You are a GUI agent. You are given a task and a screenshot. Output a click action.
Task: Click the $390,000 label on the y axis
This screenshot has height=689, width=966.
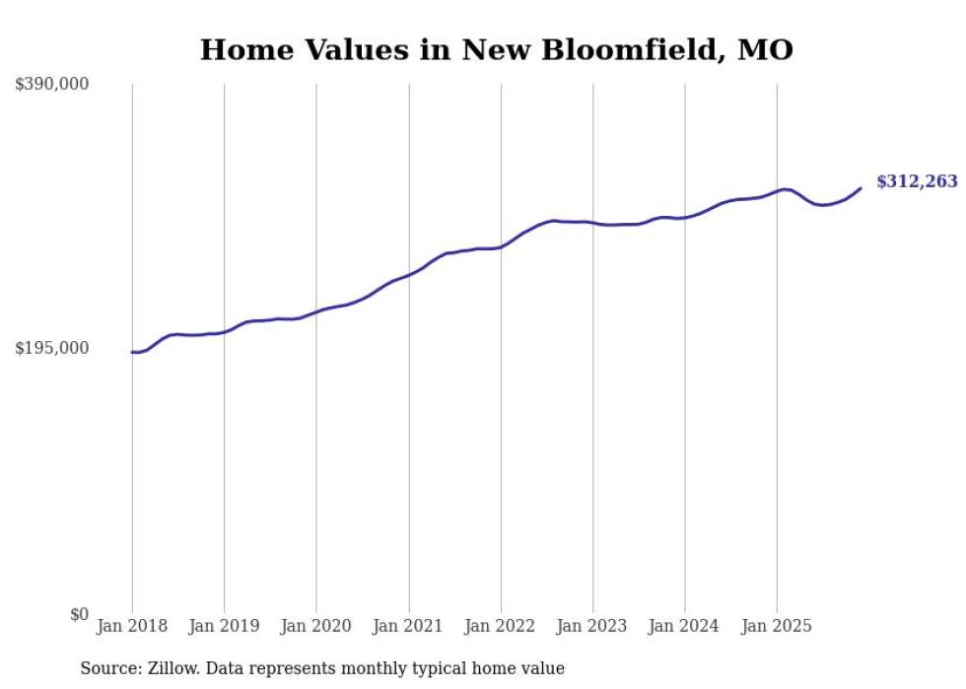pyautogui.click(x=52, y=85)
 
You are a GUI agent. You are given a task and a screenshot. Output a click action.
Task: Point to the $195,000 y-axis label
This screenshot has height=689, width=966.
pyautogui.click(x=52, y=348)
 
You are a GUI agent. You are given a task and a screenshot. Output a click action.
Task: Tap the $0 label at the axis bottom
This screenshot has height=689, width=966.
pyautogui.click(x=79, y=614)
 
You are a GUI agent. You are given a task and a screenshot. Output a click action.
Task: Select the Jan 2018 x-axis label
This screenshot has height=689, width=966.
pyautogui.click(x=132, y=626)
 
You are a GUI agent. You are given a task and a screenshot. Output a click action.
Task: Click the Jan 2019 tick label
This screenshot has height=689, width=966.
pyautogui.click(x=224, y=626)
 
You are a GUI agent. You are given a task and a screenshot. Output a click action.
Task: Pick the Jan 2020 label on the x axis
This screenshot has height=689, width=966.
pyautogui.click(x=316, y=626)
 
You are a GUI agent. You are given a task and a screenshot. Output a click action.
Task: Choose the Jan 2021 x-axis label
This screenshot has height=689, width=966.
pyautogui.click(x=408, y=626)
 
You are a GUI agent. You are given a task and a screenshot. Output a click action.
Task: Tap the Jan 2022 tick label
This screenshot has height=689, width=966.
pyautogui.click(x=501, y=626)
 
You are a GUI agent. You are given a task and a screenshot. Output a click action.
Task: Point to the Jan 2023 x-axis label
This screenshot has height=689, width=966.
pyautogui.click(x=592, y=626)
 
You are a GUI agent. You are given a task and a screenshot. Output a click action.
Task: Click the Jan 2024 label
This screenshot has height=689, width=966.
pyautogui.click(x=685, y=626)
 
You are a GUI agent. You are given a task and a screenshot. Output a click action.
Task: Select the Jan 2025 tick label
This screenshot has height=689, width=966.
pyautogui.click(x=777, y=626)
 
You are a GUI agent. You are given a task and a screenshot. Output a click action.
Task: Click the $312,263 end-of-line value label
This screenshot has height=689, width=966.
pyautogui.click(x=917, y=181)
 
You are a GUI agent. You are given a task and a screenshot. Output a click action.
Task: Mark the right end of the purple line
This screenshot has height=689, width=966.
pyautogui.click(x=861, y=188)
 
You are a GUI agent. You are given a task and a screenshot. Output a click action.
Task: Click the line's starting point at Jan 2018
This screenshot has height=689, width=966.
pyautogui.click(x=132, y=352)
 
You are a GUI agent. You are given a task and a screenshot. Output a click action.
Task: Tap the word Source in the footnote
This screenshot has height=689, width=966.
pyautogui.click(x=108, y=669)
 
